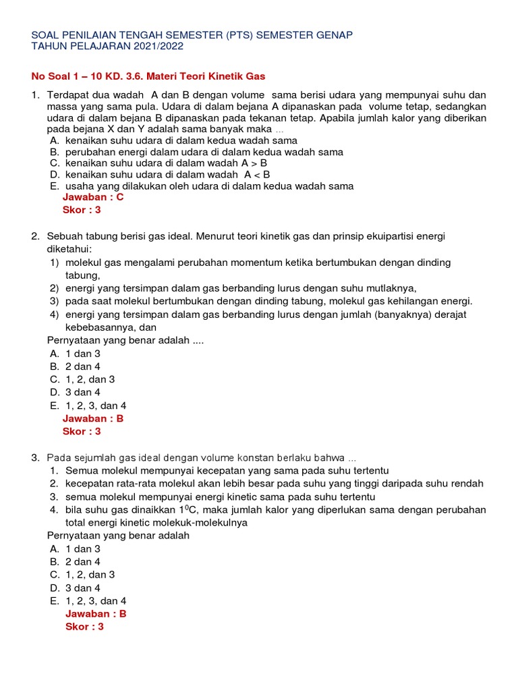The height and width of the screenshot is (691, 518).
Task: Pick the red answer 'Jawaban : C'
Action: [x=93, y=197]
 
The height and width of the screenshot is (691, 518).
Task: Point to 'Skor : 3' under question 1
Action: [x=82, y=210]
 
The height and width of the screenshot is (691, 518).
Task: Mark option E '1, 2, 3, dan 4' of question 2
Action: [x=96, y=406]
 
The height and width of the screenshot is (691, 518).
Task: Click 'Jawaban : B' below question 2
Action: [x=93, y=418]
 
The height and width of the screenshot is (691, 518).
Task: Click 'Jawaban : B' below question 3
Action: [x=96, y=613]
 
